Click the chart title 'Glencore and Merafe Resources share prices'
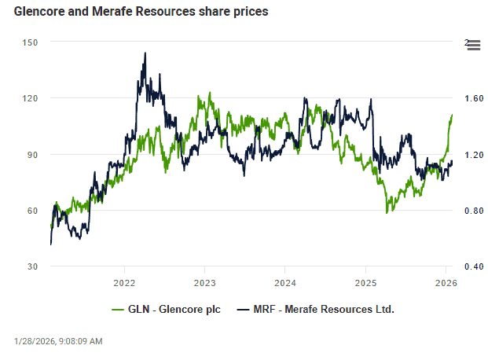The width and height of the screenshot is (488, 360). pyautogui.click(x=141, y=13)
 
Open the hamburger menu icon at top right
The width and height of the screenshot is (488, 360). pyautogui.click(x=473, y=46)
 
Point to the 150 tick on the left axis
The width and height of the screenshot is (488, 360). pyautogui.click(x=31, y=42)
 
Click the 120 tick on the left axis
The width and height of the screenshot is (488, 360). pyautogui.click(x=31, y=98)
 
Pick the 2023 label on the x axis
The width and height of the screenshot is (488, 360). pyautogui.click(x=205, y=282)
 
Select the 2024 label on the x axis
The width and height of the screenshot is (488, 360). pyautogui.click(x=285, y=282)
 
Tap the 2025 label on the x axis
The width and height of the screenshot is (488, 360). pyautogui.click(x=365, y=282)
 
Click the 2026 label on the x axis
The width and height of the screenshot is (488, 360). pyautogui.click(x=446, y=282)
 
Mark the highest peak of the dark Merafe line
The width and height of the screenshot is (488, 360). pyautogui.click(x=145, y=53)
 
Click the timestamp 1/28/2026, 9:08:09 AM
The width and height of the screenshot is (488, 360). pyautogui.click(x=58, y=341)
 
